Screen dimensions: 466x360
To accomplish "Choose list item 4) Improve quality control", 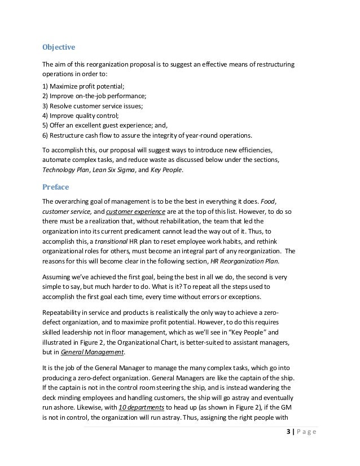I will click(78, 119).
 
